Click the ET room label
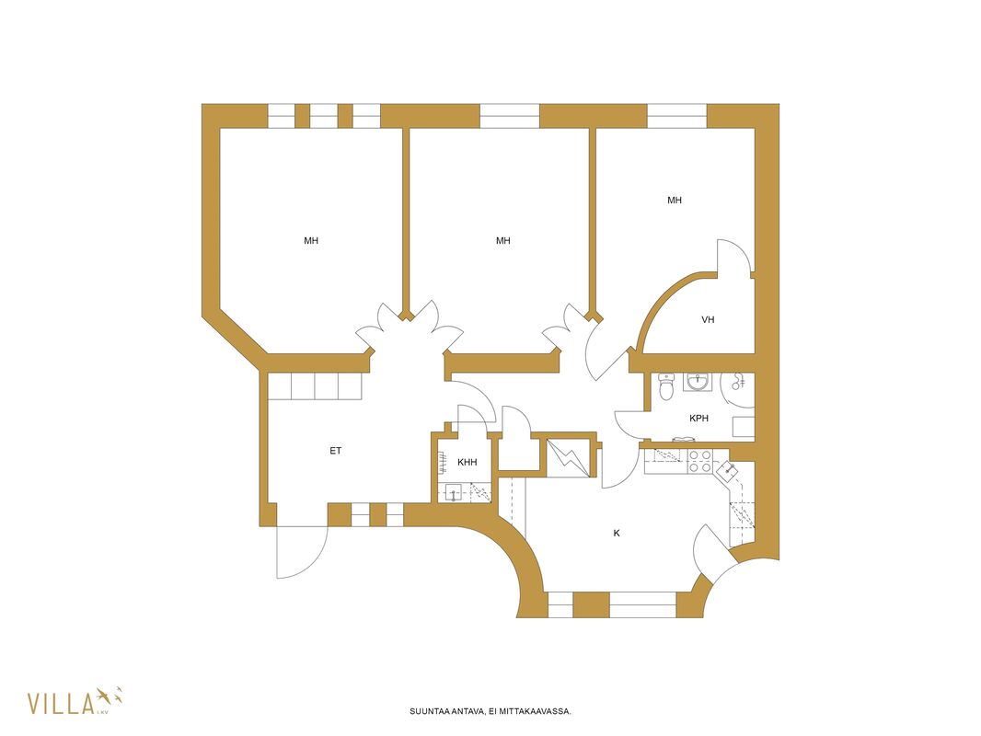(x=335, y=450)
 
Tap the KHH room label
(x=467, y=462)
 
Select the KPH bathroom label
(x=698, y=418)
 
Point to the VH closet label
(x=708, y=319)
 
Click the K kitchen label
(x=617, y=533)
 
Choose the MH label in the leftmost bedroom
(x=311, y=240)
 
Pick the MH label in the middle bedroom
(x=503, y=240)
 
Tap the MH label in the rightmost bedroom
(x=675, y=201)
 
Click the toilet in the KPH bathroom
(x=665, y=386)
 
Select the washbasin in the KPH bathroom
(x=697, y=382)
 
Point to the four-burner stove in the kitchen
(x=699, y=461)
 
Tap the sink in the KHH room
(x=453, y=493)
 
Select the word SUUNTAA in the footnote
(x=429, y=711)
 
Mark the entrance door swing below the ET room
(x=302, y=551)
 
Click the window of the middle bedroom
(x=509, y=116)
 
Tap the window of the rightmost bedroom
(x=677, y=116)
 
